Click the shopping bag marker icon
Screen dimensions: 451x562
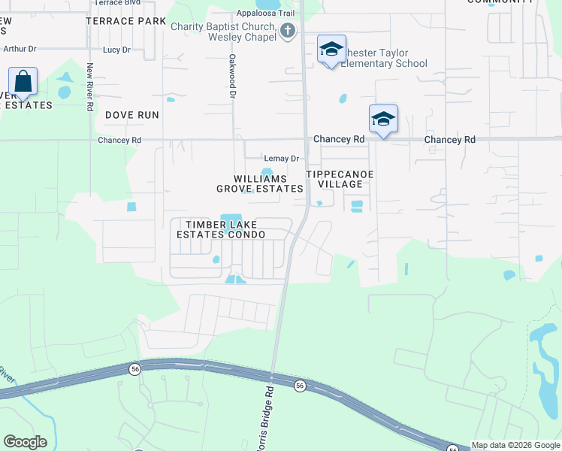[x=23, y=80]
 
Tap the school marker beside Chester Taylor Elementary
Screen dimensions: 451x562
[x=331, y=50]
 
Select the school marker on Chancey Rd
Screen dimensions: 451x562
[x=383, y=119]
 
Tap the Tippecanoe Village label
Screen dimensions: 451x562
[x=340, y=179]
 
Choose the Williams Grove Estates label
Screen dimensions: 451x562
[x=260, y=183]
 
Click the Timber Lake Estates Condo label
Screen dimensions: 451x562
[x=221, y=229]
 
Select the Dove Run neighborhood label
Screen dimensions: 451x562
[x=132, y=115]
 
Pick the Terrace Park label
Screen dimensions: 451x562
[x=125, y=21]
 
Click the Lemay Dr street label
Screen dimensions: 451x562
[x=282, y=159]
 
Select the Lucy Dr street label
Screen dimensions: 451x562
[x=116, y=50]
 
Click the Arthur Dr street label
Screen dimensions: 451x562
[x=20, y=49]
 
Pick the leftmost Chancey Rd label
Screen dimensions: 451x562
[x=119, y=140]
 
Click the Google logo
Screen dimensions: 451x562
[x=25, y=442]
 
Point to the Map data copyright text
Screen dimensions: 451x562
[x=515, y=445]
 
